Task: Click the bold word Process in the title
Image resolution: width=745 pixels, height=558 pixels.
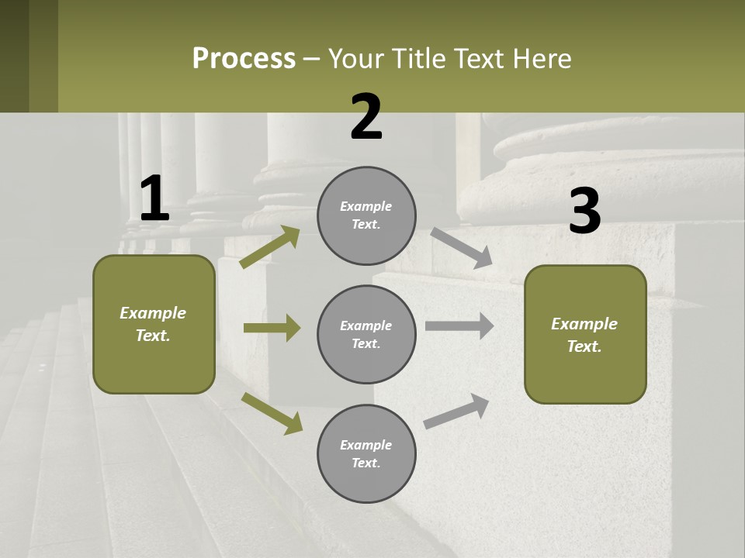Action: [244, 59]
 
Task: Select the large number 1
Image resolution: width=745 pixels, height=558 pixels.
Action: [154, 198]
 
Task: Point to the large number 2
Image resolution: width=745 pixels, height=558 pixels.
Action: [366, 117]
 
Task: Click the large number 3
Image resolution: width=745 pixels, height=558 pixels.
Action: [584, 211]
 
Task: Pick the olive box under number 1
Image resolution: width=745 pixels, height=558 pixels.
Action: [154, 324]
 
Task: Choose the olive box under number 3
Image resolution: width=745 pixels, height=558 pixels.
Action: [585, 335]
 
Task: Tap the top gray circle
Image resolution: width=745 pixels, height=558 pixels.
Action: [366, 215]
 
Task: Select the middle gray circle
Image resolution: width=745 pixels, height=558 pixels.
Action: [366, 334]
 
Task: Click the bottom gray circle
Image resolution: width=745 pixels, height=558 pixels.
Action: [366, 453]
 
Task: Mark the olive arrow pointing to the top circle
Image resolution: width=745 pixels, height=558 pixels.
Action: [270, 247]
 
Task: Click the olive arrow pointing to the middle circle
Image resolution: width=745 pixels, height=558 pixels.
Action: [272, 328]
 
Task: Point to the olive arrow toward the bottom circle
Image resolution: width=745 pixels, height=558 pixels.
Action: [272, 413]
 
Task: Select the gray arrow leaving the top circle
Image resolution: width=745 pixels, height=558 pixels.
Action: [462, 248]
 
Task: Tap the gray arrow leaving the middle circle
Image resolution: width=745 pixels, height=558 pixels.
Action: [459, 326]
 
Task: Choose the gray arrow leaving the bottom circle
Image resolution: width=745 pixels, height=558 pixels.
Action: [457, 411]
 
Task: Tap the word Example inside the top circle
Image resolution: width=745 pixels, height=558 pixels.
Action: [366, 206]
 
